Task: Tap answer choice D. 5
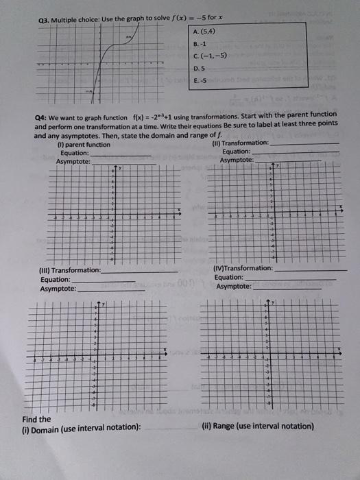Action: [x=199, y=69]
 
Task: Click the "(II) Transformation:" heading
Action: [x=240, y=143]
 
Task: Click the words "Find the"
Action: [x=36, y=419]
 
